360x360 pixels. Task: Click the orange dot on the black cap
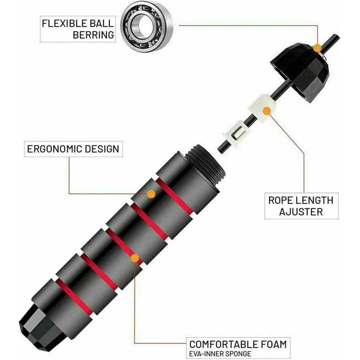click(x=318, y=47)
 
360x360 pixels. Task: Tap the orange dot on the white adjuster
click(x=268, y=111)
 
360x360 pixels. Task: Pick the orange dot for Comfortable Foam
click(x=134, y=258)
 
